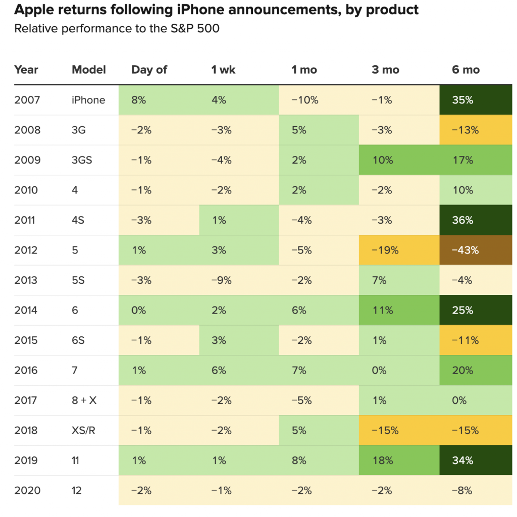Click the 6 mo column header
tap(466, 70)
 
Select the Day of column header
tap(149, 70)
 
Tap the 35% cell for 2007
tap(462, 100)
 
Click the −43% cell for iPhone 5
tap(464, 250)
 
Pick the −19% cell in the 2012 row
tap(385, 250)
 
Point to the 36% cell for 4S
tap(462, 220)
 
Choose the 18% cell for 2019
tap(382, 460)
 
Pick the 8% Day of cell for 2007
tap(138, 100)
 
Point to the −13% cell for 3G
tap(464, 130)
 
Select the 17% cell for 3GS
tap(462, 160)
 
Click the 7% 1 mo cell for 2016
tap(299, 370)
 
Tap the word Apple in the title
tap(34, 10)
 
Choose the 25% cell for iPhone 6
tap(462, 310)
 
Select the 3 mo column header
tap(385, 70)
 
